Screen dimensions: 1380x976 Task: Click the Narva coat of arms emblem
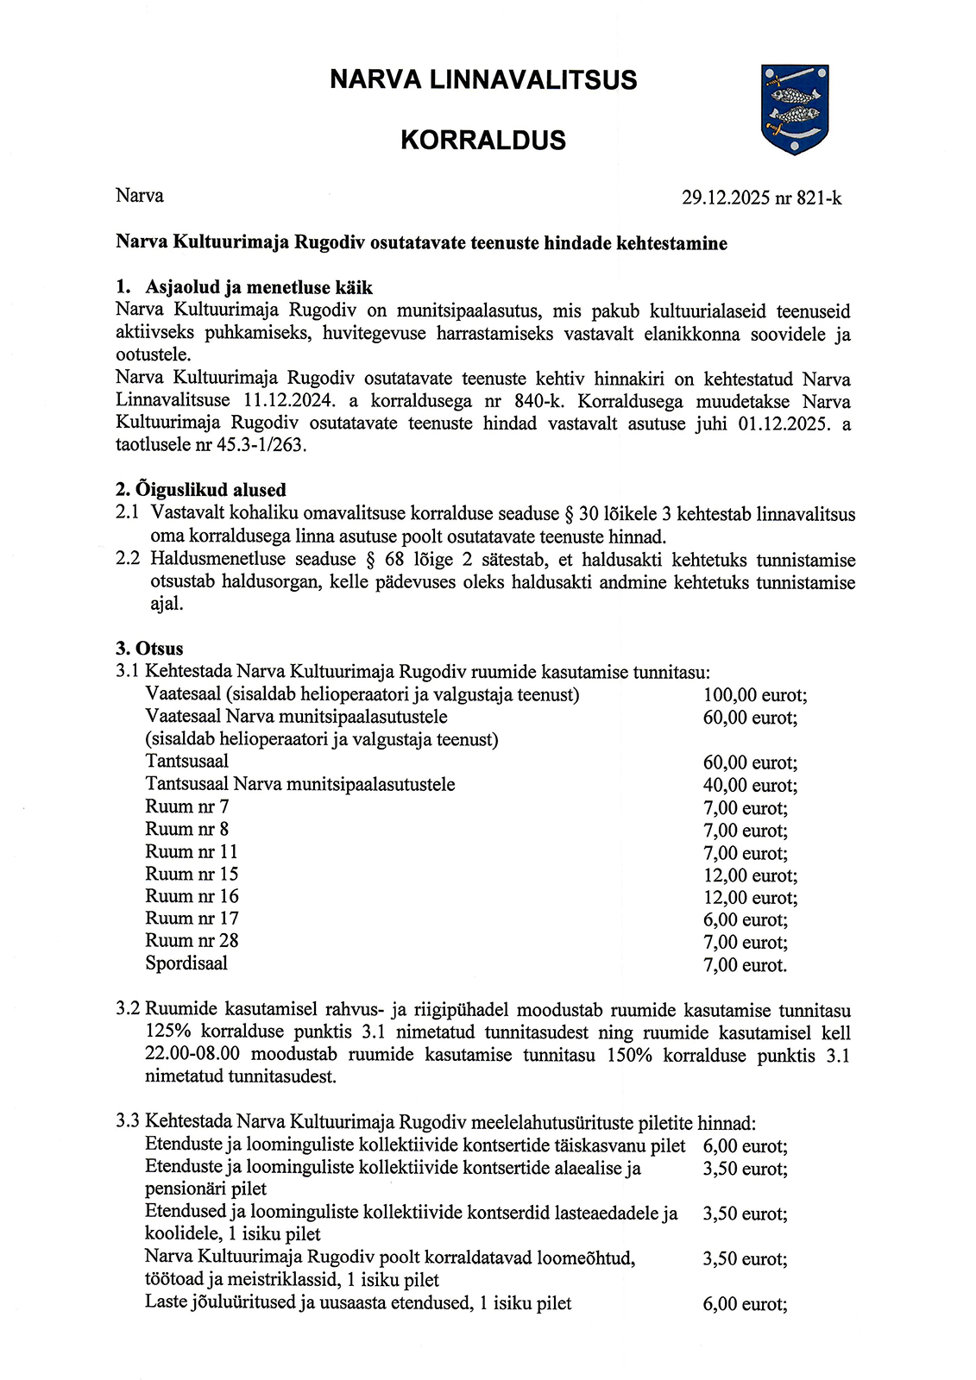coord(795,109)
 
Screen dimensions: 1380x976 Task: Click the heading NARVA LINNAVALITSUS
coord(483,80)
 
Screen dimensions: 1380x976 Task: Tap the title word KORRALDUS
coord(483,141)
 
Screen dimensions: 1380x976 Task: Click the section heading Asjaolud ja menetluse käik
coord(259,287)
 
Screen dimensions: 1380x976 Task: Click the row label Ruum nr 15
coord(192,874)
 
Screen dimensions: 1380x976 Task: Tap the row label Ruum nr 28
coord(192,941)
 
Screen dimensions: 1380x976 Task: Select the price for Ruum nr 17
coord(746,920)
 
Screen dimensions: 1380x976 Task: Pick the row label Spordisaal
coord(186,963)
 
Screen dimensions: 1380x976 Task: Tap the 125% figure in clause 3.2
coord(168,1032)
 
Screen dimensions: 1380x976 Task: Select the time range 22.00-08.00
coord(192,1055)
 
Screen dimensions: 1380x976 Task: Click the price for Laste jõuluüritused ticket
coord(745,1304)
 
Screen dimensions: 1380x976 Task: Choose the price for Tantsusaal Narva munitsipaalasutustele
coord(750,785)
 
